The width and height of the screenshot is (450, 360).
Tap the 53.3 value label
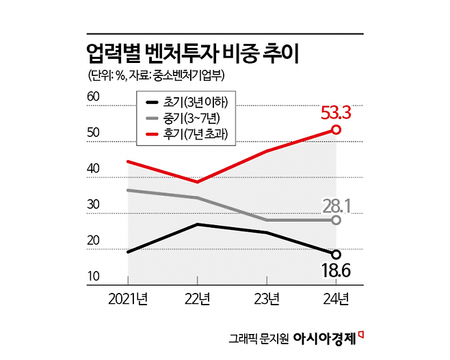point(336,112)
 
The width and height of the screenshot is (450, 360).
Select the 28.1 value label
point(336,205)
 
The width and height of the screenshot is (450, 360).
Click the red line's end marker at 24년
point(336,129)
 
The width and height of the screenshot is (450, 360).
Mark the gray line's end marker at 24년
point(336,220)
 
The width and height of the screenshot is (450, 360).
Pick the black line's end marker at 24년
point(336,255)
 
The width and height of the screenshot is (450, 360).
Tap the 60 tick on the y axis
point(94,98)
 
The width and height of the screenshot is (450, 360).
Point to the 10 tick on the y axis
point(94,277)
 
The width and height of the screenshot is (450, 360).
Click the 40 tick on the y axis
point(94,169)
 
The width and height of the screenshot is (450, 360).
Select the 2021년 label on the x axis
point(129,298)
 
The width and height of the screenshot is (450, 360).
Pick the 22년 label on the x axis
point(198,298)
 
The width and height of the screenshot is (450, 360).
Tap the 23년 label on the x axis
point(267,298)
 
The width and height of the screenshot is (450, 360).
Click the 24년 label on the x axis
point(336,298)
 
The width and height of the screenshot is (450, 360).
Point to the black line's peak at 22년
point(198,224)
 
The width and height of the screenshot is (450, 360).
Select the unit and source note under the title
point(157,75)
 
